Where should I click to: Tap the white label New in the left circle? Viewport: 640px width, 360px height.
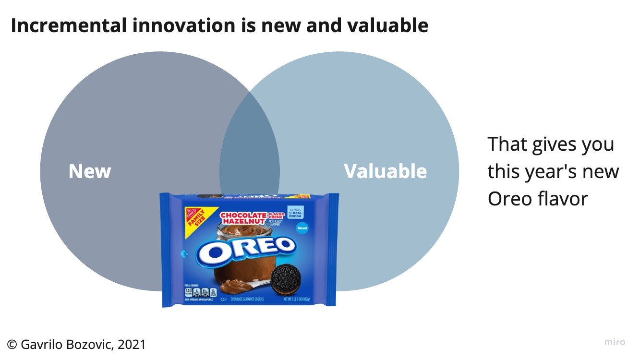pyautogui.click(x=90, y=171)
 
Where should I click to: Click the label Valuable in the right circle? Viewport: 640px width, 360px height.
pyautogui.click(x=385, y=171)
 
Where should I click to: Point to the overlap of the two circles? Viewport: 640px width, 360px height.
pyautogui.click(x=250, y=158)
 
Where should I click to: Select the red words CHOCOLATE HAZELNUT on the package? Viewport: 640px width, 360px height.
pyautogui.click(x=243, y=218)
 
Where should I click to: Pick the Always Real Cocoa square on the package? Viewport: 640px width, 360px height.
pyautogui.click(x=296, y=212)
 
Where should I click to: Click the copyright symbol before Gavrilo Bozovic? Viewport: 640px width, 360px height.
pyautogui.click(x=12, y=344)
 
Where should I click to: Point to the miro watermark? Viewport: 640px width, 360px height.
pyautogui.click(x=615, y=342)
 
